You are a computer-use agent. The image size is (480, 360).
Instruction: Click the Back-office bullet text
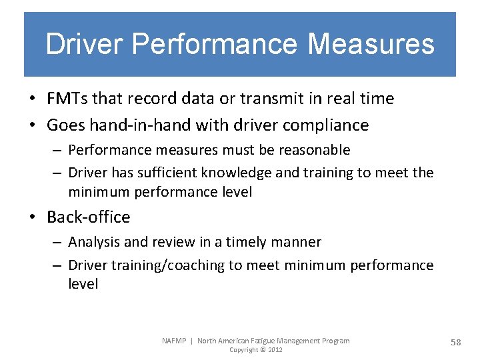[x=89, y=217]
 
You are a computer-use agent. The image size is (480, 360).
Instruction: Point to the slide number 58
[x=456, y=342]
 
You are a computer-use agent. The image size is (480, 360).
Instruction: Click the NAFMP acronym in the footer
[x=175, y=341]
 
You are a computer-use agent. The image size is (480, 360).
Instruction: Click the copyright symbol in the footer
[x=263, y=350]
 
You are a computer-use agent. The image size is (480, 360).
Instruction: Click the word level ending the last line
[x=83, y=284]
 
